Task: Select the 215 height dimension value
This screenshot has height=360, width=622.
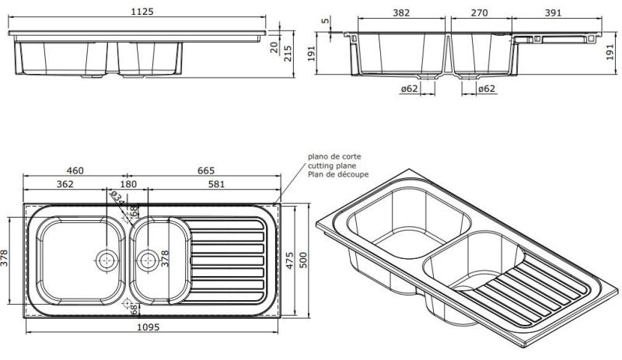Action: tap(288, 54)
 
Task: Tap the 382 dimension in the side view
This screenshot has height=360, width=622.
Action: tap(400, 13)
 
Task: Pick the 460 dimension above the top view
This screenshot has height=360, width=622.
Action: tap(75, 171)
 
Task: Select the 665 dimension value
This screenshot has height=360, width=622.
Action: tap(204, 171)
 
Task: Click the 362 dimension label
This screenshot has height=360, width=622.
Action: tap(65, 184)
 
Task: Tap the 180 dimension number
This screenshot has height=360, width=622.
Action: tap(128, 184)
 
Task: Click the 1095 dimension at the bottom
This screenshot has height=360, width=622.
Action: tap(148, 328)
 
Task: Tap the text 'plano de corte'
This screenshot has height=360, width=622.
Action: tap(334, 156)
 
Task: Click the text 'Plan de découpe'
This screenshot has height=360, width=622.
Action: tap(337, 175)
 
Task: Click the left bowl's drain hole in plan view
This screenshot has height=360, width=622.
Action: tap(106, 259)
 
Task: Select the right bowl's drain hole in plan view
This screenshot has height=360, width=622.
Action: tap(146, 259)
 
